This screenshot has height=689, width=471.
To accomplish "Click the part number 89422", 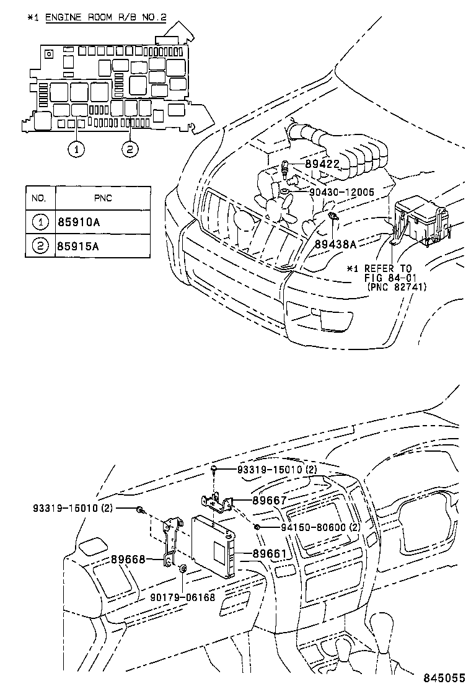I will (x=322, y=164).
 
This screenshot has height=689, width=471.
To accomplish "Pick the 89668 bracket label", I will (x=128, y=559).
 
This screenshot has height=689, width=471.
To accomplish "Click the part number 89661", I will (x=268, y=553).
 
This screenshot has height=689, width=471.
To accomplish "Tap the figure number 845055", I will (x=444, y=678).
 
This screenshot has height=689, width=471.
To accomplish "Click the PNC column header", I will (x=103, y=198).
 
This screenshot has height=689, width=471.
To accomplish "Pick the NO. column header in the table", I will (x=40, y=198).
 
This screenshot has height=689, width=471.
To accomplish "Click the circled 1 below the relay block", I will (x=76, y=149).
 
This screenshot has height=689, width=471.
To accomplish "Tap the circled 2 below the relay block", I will (x=130, y=149).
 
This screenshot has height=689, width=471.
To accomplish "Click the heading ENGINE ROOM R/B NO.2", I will (x=105, y=17).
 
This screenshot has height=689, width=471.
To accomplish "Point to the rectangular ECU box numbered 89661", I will (x=214, y=544).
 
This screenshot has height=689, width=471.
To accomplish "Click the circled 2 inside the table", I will (x=40, y=246).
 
